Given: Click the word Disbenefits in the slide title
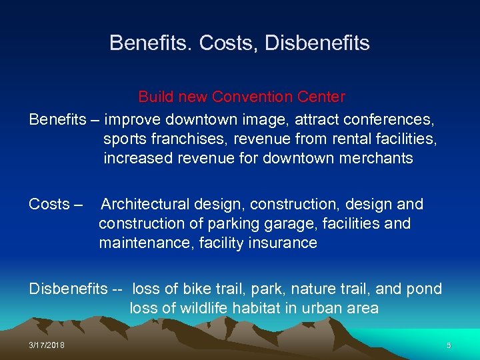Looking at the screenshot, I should point(317,43).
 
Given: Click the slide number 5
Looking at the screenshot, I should point(449,345).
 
